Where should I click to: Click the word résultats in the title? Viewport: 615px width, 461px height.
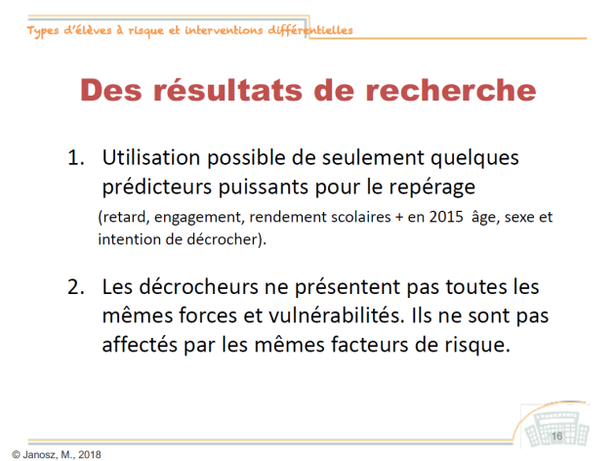227,90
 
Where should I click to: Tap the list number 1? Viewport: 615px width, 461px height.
76,157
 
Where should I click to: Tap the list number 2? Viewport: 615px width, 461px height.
76,287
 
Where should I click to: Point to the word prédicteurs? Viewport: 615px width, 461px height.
157,188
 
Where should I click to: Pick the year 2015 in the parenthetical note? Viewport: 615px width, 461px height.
446,217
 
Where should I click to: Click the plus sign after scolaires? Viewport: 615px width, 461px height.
399,218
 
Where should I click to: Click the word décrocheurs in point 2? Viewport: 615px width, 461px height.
199,287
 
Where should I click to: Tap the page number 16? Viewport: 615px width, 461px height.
557,437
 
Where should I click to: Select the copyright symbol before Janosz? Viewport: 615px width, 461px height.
16,455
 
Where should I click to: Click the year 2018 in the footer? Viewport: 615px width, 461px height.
90,455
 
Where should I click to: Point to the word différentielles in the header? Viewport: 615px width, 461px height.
310,30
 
